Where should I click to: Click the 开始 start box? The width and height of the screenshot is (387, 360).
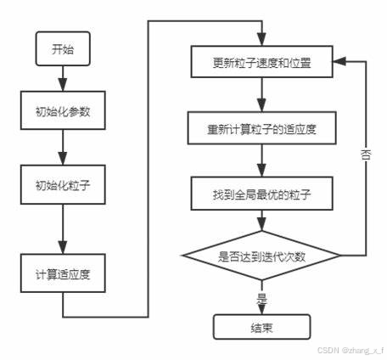[x=60, y=49]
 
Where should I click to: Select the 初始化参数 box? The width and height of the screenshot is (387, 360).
[x=60, y=112]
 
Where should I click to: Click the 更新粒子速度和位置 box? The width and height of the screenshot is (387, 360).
[x=261, y=65]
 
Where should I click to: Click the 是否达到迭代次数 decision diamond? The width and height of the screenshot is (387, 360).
[x=261, y=256]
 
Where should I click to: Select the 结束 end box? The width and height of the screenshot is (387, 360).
[x=261, y=326]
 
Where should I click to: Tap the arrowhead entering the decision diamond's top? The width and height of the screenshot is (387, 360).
[x=261, y=224]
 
